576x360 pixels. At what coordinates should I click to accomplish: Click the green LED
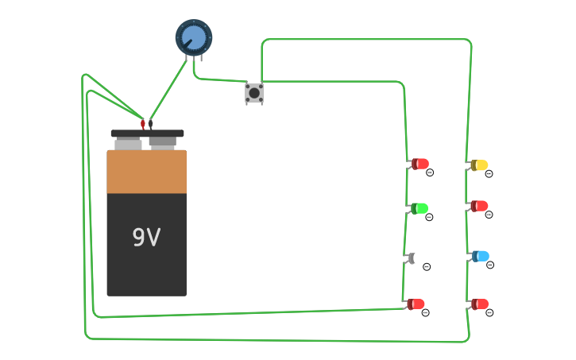419,208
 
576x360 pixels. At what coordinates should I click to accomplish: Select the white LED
418,258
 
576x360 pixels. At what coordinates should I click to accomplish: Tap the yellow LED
479,165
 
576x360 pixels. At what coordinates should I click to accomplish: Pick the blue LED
481,256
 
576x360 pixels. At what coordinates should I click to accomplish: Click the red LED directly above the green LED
420,164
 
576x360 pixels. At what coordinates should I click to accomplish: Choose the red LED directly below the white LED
416,304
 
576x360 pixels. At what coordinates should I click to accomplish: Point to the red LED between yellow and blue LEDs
479,206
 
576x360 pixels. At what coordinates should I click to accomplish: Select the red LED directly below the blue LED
480,304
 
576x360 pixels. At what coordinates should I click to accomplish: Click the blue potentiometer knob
194,37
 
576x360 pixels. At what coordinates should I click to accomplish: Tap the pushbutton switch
254,93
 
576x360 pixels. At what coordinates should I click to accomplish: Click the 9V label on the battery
146,238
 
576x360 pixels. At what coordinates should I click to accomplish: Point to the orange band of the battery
147,172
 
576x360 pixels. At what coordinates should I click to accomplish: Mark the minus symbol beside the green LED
429,217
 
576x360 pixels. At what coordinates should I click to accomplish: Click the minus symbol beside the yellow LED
489,174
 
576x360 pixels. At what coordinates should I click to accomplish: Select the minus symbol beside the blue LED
489,265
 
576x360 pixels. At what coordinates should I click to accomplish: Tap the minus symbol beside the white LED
427,267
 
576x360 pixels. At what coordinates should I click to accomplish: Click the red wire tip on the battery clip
143,123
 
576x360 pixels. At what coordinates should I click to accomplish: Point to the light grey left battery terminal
128,144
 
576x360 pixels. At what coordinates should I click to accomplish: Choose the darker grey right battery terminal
163,142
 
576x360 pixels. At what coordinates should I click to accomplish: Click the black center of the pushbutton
254,93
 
